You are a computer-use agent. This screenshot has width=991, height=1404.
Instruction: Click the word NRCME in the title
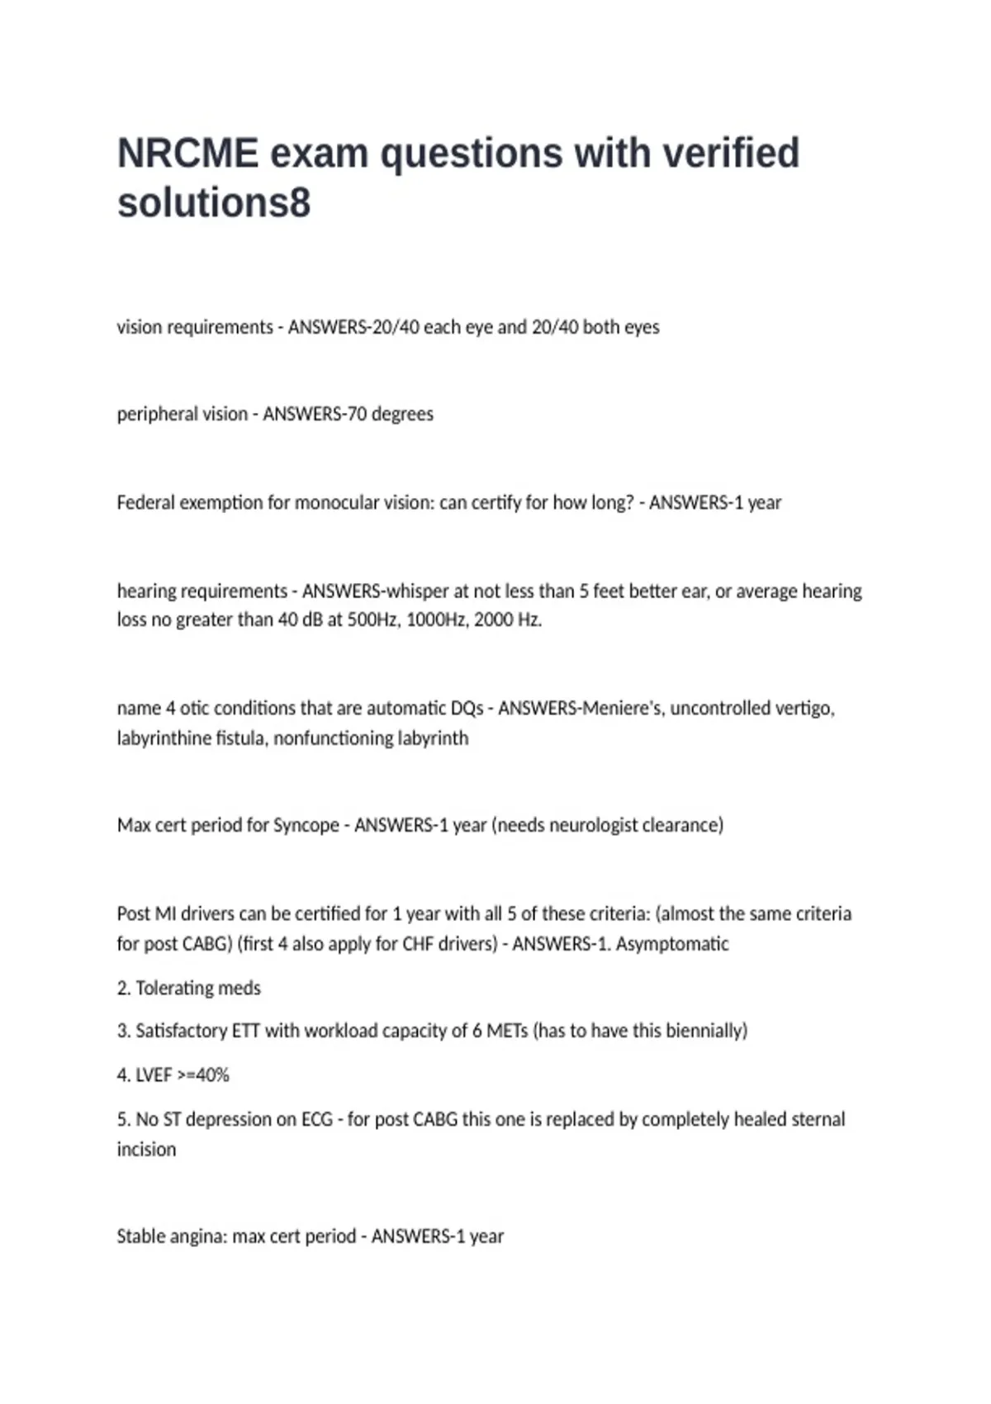pos(187,154)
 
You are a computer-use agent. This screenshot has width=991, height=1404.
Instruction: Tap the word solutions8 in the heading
pos(214,203)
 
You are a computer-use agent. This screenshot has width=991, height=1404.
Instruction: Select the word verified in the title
pos(731,154)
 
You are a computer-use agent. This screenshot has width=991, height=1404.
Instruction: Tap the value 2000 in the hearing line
pos(494,620)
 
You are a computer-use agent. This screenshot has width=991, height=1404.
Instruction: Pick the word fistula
pos(241,738)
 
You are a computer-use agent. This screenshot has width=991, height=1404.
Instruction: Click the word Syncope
pos(306,825)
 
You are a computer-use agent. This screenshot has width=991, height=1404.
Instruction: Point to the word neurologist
pos(593,825)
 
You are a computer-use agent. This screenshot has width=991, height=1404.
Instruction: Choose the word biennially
pos(704,1032)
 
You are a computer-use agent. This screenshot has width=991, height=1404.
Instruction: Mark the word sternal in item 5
pos(818,1120)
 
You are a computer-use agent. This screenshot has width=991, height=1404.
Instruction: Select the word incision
pos(146,1150)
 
